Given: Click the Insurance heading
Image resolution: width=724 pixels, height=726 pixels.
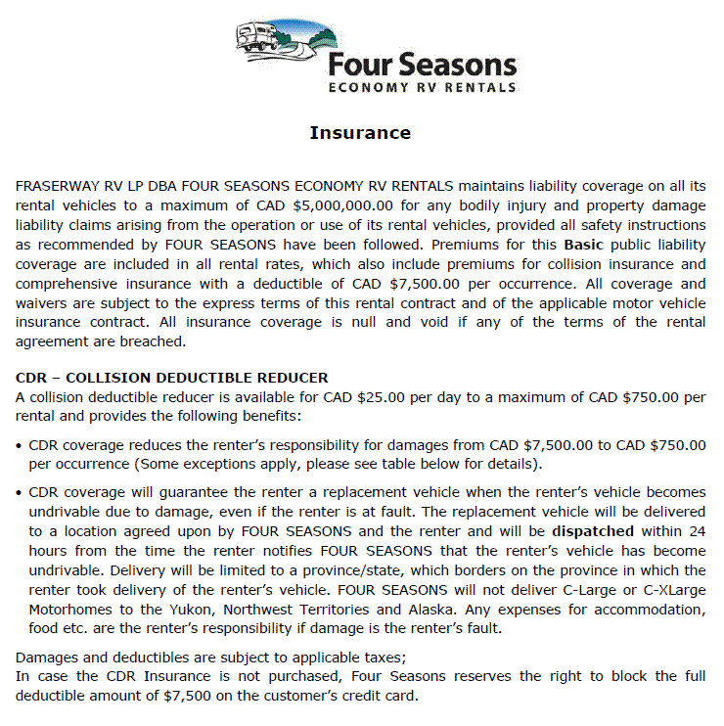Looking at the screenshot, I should click(x=360, y=133).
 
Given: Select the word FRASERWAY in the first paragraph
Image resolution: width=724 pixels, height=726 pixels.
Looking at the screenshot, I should click(x=59, y=185).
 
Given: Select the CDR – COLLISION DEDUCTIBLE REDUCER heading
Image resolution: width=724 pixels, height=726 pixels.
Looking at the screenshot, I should click(x=172, y=378).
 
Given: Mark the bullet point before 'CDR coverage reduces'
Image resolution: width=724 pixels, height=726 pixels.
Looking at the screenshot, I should click(x=21, y=445).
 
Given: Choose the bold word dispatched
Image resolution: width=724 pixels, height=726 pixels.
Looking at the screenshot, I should click(x=593, y=531).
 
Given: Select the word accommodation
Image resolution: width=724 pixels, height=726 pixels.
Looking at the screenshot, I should click(x=646, y=609).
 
